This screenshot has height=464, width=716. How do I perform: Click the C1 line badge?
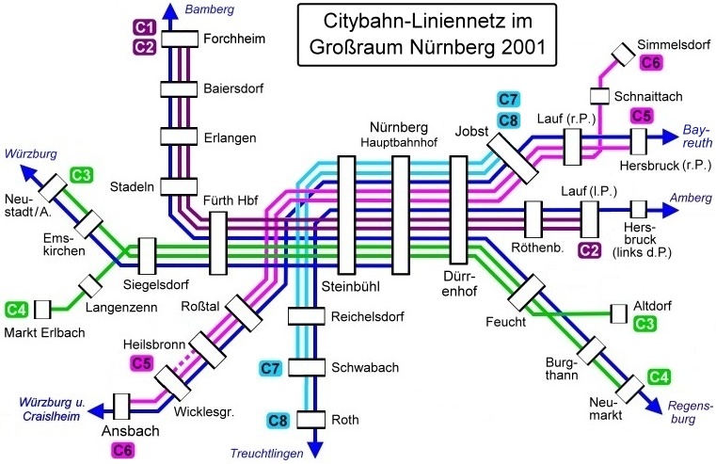pyautogui.click(x=145, y=28)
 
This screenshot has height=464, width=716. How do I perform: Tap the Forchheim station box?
pyautogui.click(x=180, y=39)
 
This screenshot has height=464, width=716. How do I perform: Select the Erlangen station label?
pyautogui.click(x=230, y=138)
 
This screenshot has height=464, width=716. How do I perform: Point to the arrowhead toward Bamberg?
pyautogui.click(x=170, y=11)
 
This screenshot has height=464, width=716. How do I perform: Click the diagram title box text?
pyautogui.click(x=427, y=34)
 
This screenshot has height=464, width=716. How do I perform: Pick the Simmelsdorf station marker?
pyautogui.click(x=623, y=55)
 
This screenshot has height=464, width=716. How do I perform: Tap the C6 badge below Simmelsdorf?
pyautogui.click(x=651, y=62)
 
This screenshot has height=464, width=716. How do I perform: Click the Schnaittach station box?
pyautogui.click(x=599, y=96)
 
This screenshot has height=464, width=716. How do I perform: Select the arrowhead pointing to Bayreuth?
pyautogui.click(x=670, y=136)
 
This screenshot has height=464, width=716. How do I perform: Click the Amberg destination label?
pyautogui.click(x=691, y=198)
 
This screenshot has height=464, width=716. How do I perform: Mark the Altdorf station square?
pyautogui.click(x=619, y=313)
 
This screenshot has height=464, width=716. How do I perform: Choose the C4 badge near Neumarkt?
pyautogui.click(x=659, y=377)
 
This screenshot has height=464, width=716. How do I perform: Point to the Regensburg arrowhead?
pyautogui.click(x=654, y=406)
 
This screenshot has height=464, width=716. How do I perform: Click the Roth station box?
pyautogui.click(x=311, y=419)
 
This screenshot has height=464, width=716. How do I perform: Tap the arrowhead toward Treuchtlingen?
pyautogui.click(x=314, y=449)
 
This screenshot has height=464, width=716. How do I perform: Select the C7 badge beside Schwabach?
pyautogui.click(x=270, y=368)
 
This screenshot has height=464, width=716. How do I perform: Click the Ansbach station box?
pyautogui.click(x=121, y=407)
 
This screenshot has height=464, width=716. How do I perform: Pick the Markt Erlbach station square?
pyautogui.click(x=42, y=310)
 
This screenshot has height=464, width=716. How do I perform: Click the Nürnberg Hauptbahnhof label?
pyautogui.click(x=399, y=135)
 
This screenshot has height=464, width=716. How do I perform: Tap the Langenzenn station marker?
pyautogui.click(x=90, y=285)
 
